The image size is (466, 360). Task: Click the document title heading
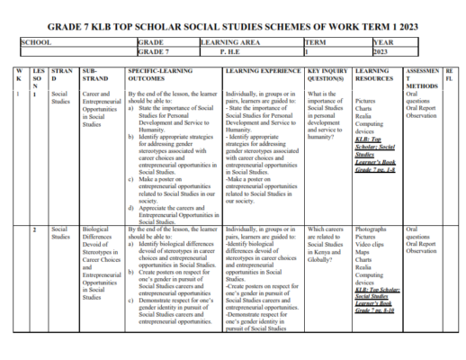pyautogui.click(x=232, y=27)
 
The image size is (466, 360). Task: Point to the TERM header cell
pyautogui.click(x=316, y=42)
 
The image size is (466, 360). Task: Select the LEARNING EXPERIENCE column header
pyautogui.click(x=257, y=69)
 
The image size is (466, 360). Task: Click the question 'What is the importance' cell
pyautogui.click(x=327, y=112)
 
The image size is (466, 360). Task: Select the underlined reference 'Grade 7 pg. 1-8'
pyautogui.click(x=375, y=170)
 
